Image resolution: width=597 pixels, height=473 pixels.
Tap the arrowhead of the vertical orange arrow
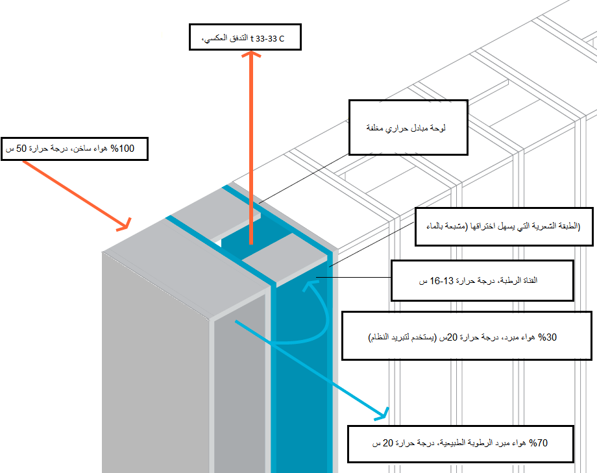[251, 56]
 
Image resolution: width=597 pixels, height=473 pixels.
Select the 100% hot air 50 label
[75, 149]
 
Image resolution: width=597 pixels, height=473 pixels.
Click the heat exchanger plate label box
[408, 127]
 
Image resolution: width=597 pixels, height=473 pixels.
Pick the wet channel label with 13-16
[482, 281]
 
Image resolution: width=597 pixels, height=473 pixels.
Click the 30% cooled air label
[466, 335]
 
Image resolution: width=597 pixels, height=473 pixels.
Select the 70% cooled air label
[461, 444]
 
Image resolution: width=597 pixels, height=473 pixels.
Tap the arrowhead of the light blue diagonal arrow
[386, 411]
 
